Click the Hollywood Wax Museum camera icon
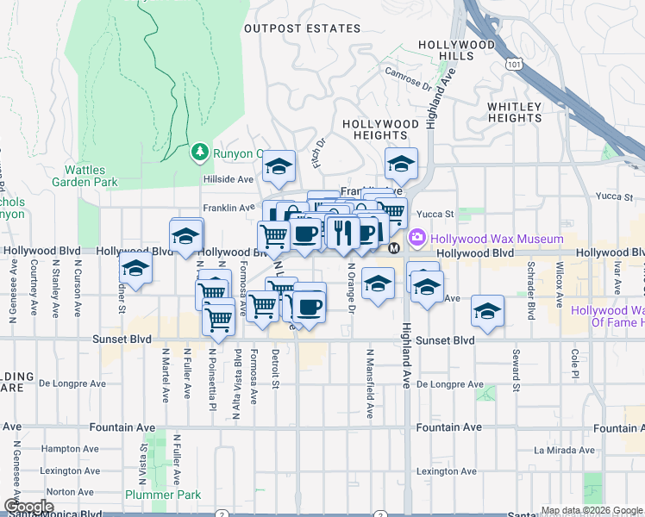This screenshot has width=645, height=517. coord(418,237)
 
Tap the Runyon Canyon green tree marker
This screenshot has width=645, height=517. coord(200,153)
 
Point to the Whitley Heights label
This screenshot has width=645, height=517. coord(515,112)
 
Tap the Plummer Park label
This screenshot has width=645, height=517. coord(163,495)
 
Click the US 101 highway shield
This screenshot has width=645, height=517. coord(514,63)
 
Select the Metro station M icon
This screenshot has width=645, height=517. coord(394,248)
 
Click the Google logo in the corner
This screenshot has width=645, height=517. coord(28,507)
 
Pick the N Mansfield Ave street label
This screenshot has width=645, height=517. coord(369,383)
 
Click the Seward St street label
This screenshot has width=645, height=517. coord(515,371)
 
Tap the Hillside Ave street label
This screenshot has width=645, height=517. coord(229,179)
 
